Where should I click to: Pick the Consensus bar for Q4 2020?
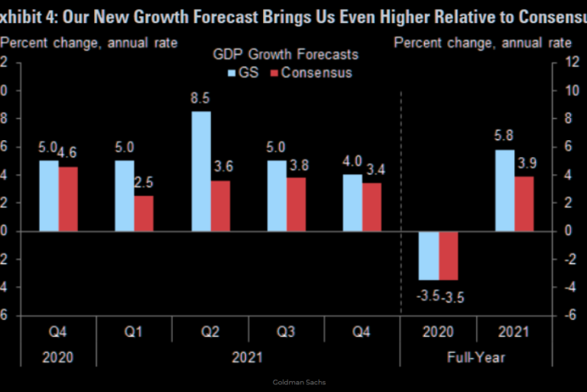(68, 198)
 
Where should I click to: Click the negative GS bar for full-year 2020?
(429, 256)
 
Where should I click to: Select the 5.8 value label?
(505, 136)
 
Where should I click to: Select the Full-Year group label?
(477, 357)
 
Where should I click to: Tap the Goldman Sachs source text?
(293, 381)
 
